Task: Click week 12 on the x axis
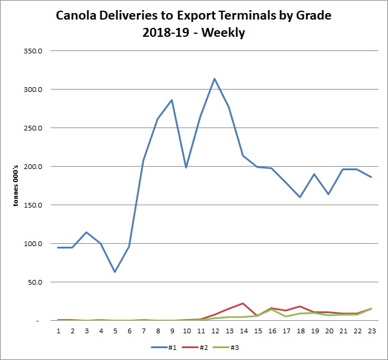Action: (215, 330)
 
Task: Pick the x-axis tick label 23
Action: (371, 330)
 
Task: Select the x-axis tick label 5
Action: (115, 330)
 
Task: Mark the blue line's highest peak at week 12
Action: (215, 78)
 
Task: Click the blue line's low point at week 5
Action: (115, 272)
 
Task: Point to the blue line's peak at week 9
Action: (172, 100)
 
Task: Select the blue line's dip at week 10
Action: (186, 168)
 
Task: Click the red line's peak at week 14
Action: (243, 303)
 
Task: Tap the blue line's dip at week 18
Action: (300, 197)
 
